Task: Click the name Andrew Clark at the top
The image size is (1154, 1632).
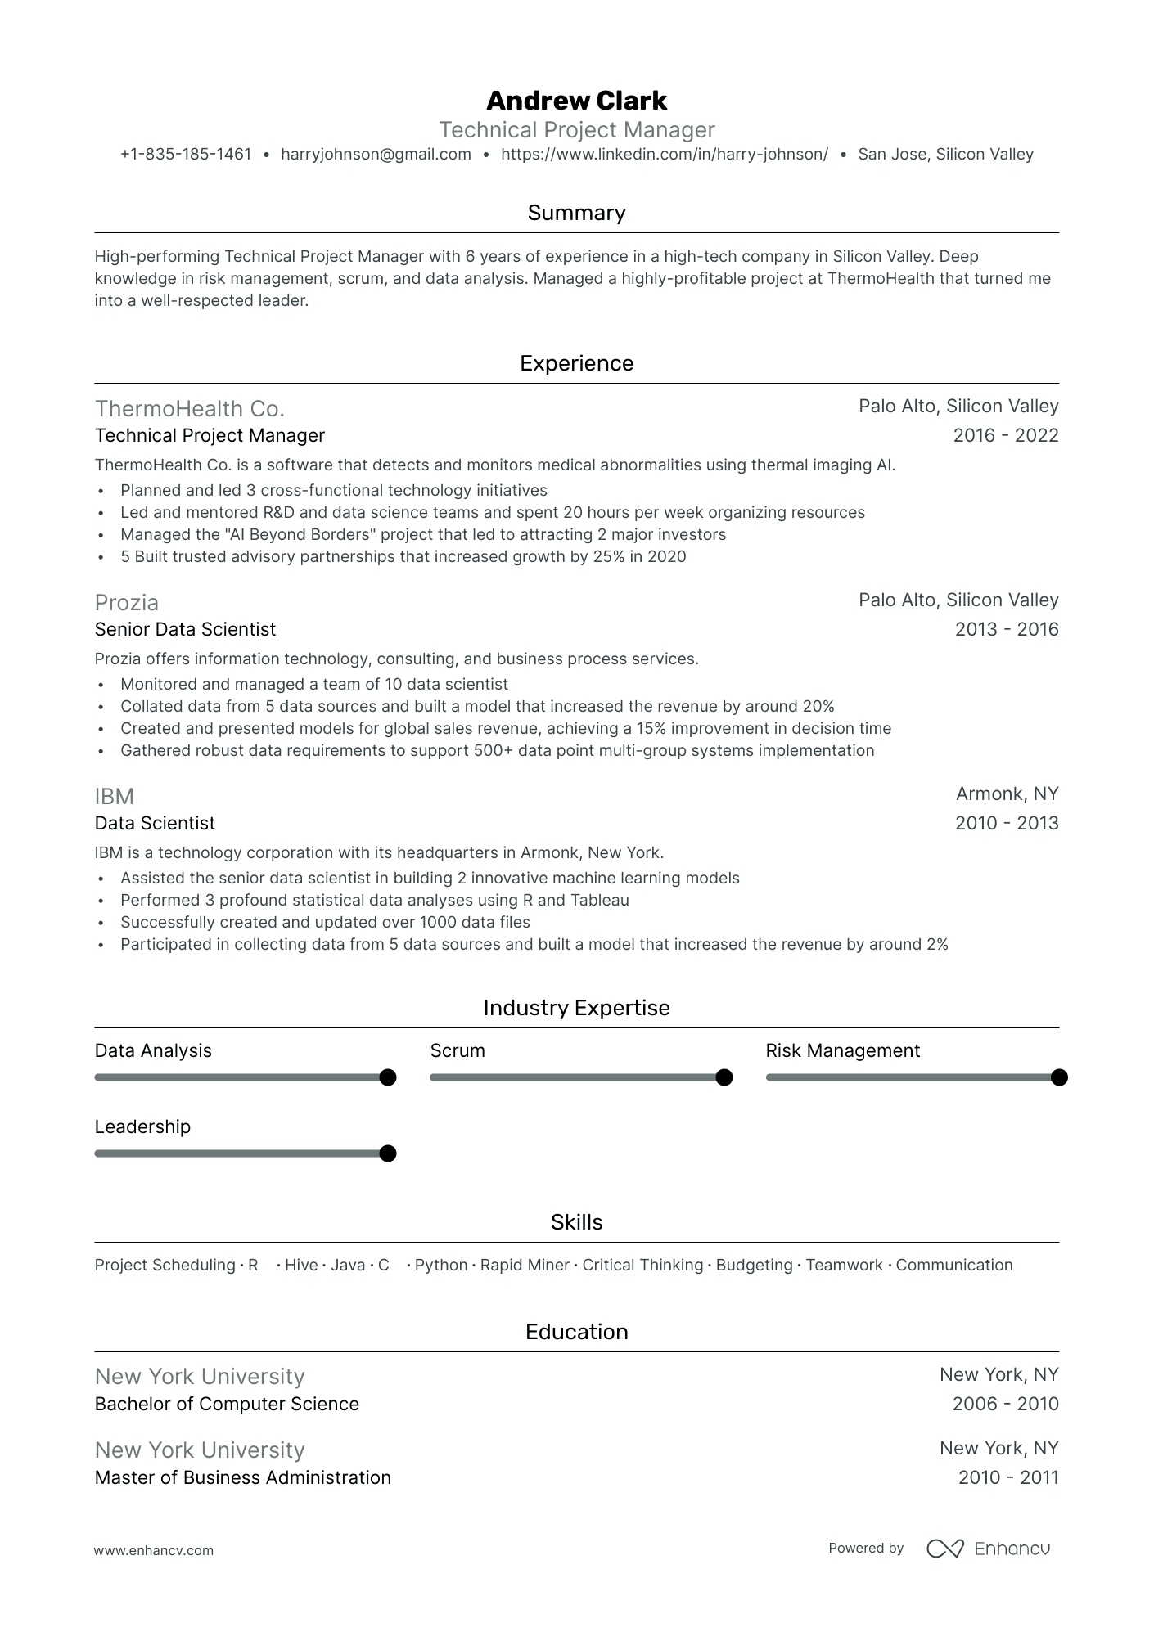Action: point(576,101)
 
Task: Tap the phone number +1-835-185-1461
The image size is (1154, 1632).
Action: point(186,155)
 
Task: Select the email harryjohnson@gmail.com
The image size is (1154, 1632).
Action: point(376,155)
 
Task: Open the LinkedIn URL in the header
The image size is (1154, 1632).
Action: point(664,155)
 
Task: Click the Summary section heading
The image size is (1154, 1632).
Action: point(576,213)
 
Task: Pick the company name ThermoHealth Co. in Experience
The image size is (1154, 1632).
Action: point(190,409)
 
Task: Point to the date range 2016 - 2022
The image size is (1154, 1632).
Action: point(1005,435)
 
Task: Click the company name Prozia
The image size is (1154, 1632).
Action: point(127,603)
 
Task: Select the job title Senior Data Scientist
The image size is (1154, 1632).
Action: point(185,629)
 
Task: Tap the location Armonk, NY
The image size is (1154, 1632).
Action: point(1007,794)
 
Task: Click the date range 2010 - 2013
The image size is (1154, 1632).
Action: point(1006,823)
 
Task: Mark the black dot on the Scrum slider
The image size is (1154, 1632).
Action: point(724,1077)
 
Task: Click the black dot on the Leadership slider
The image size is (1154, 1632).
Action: point(388,1153)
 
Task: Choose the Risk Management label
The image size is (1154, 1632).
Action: point(842,1050)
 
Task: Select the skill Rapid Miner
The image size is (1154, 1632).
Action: point(525,1265)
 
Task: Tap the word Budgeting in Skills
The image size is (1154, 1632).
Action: point(754,1265)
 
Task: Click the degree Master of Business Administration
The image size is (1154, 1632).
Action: point(242,1477)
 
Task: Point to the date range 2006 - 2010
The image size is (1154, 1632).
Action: point(1005,1404)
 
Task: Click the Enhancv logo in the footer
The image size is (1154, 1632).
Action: point(988,1549)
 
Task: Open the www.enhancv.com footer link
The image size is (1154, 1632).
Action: point(154,1550)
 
